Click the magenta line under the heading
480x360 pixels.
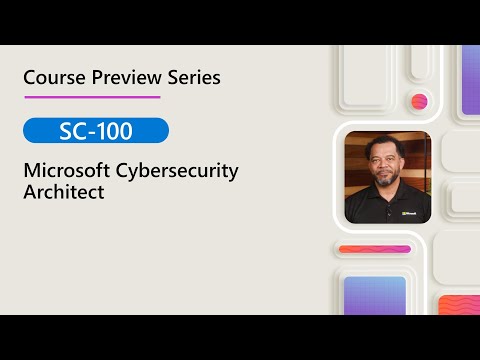91,97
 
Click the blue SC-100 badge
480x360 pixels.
95,131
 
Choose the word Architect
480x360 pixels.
63,192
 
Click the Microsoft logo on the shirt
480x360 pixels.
409,212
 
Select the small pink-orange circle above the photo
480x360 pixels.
419,101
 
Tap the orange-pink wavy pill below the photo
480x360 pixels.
374,249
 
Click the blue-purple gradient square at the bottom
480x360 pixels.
374,295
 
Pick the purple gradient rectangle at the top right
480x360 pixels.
470,80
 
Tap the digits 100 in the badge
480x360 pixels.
116,131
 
